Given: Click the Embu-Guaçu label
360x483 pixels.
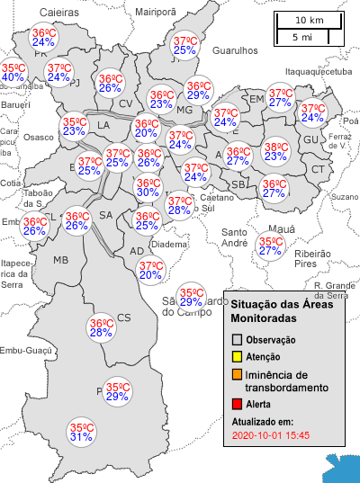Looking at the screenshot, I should pyautogui.click(x=24, y=351).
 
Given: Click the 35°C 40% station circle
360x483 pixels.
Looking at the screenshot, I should pyautogui.click(x=13, y=72).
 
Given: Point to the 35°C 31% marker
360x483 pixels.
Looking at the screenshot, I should pyautogui.click(x=82, y=433).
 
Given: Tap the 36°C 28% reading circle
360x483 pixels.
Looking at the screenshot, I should pyautogui.click(x=101, y=328).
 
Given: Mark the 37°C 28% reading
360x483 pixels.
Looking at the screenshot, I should pyautogui.click(x=179, y=206).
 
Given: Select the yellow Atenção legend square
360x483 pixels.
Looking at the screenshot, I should pyautogui.click(x=237, y=357).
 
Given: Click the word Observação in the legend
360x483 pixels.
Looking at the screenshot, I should pyautogui.click(x=271, y=340).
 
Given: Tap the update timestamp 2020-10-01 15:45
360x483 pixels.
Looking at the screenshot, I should pyautogui.click(x=271, y=435).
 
